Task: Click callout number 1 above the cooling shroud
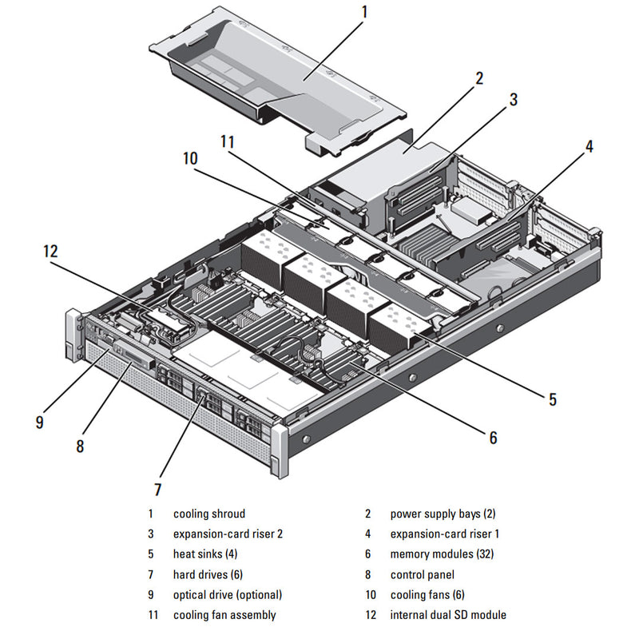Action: [364, 13]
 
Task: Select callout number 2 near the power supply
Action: [479, 78]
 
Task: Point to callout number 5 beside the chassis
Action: [552, 399]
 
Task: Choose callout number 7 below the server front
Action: [157, 489]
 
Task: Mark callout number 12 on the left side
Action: [50, 252]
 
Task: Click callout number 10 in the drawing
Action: [189, 159]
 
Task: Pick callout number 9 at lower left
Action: [39, 422]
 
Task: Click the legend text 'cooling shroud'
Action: [209, 514]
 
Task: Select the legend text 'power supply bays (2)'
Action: [443, 514]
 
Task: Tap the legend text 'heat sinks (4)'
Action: [205, 554]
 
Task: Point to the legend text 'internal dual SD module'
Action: [448, 615]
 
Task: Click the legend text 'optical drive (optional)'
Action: [228, 595]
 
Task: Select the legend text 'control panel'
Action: [422, 575]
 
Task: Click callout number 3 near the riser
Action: [514, 100]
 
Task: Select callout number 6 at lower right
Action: [493, 438]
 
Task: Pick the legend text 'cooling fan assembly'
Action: [224, 615]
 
